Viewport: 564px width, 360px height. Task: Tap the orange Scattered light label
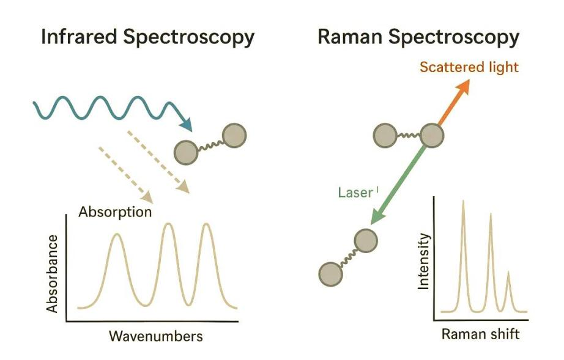click(469, 67)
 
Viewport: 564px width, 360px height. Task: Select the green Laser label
click(355, 193)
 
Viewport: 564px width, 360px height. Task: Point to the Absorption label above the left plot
click(115, 211)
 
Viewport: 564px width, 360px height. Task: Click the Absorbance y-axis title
click(53, 274)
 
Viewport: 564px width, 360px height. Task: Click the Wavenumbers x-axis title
click(156, 336)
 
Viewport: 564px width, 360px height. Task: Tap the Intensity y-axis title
click(424, 261)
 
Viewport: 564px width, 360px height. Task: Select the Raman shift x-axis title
click(481, 334)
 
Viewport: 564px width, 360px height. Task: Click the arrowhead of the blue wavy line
click(187, 125)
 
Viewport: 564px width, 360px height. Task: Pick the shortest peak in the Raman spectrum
click(508, 272)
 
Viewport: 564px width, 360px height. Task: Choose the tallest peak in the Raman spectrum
click(463, 200)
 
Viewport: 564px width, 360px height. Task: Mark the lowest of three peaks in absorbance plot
click(116, 235)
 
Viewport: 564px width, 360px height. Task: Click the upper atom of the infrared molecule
click(234, 136)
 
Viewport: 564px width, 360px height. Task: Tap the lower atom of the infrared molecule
click(186, 152)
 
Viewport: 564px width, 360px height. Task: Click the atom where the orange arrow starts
click(432, 136)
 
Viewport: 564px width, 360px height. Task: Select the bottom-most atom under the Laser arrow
click(331, 274)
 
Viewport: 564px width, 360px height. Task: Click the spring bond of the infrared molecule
click(210, 144)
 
